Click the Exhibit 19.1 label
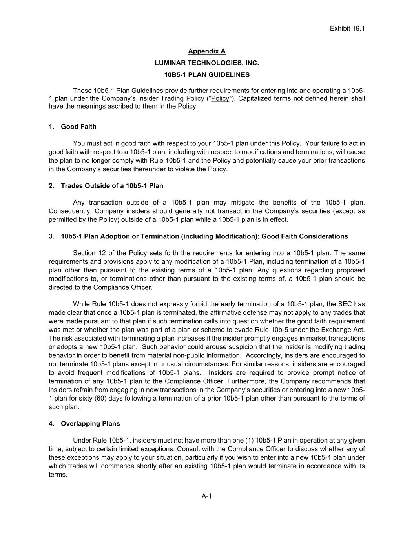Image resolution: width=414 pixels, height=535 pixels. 347,28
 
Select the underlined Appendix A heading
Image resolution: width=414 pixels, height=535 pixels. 207,51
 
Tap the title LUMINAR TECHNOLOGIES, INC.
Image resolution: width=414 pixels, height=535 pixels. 207,63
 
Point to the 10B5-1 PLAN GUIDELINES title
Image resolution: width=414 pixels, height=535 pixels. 207,74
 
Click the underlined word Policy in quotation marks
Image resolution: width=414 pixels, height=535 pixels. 220,98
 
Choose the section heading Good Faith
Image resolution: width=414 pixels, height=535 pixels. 78,127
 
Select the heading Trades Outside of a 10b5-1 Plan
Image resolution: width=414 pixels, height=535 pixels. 112,186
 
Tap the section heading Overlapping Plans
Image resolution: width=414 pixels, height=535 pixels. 90,424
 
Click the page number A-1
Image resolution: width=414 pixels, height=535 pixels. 207,496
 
